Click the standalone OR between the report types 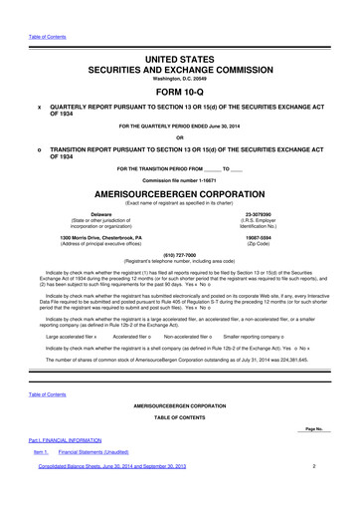click(x=179, y=137)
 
